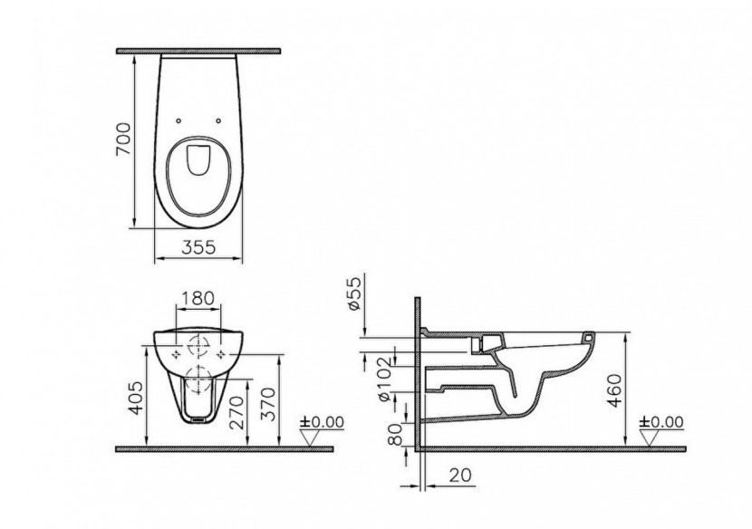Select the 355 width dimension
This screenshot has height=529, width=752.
click(199, 245)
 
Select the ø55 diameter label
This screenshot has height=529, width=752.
click(356, 294)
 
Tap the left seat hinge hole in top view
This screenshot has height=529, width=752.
click(179, 119)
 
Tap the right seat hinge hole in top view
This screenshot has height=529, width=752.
click(219, 119)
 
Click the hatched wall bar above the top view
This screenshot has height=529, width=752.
click(198, 52)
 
